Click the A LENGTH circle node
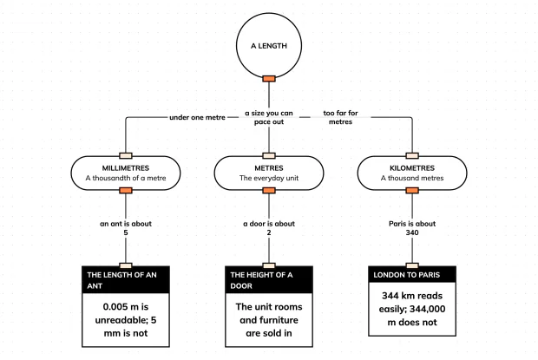[269, 46]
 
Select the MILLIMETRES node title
[126, 168]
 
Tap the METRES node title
[269, 168]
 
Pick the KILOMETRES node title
[412, 168]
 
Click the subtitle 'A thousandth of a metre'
[126, 178]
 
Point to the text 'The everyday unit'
[269, 178]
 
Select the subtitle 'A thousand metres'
[412, 178]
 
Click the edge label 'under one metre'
[197, 117]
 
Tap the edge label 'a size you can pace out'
[269, 117]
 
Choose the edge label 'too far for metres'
[340, 117]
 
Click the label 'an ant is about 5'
[126, 228]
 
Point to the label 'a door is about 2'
[269, 228]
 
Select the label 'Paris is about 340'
[412, 228]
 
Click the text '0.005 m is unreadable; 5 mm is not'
[126, 320]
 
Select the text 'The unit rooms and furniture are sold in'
[269, 320]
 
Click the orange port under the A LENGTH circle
[269, 79]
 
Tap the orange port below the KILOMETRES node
[412, 190]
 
